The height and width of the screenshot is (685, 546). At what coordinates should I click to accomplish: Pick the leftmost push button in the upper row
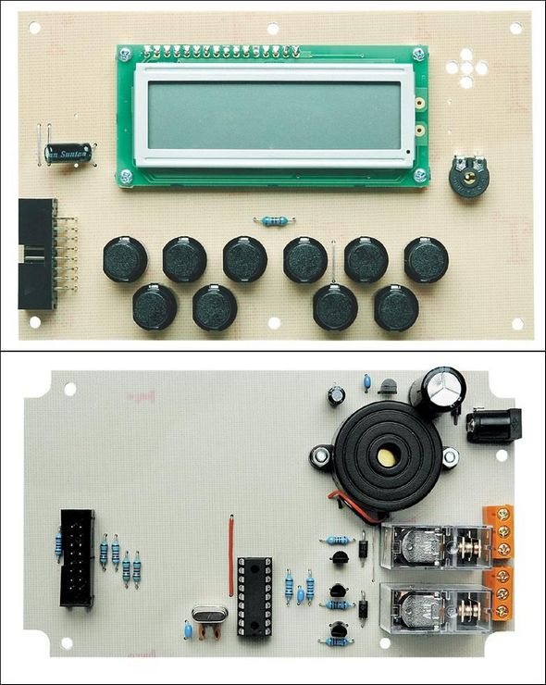(x=124, y=258)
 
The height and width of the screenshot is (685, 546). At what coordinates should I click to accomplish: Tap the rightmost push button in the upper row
(x=426, y=258)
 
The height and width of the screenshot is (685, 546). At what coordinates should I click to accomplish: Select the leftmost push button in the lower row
(x=155, y=306)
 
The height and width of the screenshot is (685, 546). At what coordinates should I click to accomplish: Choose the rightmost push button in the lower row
(x=396, y=306)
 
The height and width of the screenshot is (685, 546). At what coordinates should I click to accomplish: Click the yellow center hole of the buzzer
(x=382, y=455)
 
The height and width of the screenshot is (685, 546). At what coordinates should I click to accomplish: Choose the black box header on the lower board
(x=77, y=557)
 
